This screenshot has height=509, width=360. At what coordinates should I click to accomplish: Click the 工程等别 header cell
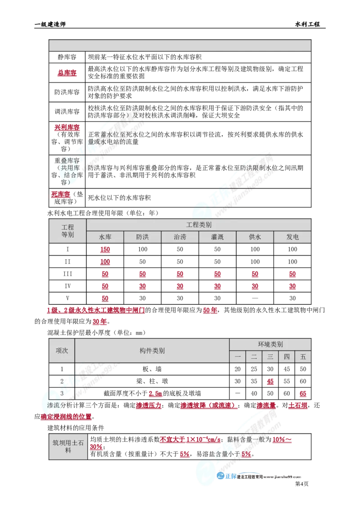coord(67,231)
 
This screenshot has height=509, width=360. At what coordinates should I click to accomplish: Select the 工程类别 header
coord(199,224)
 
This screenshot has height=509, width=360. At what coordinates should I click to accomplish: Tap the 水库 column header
coord(105,237)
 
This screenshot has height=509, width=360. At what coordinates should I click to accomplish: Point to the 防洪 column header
coord(143,237)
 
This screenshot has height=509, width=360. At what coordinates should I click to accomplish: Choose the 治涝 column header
coord(180,237)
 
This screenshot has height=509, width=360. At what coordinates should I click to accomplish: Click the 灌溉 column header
coord(217,237)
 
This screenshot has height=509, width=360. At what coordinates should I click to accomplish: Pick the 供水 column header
coord(255,237)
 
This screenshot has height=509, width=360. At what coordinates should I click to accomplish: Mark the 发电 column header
coord(293,237)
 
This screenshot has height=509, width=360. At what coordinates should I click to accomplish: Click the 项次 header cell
coord(62,350)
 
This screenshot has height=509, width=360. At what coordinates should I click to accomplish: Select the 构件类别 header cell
coord(152,350)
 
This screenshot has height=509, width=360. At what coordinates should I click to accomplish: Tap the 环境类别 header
coord(270,344)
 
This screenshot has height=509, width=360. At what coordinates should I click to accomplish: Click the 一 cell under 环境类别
coord(238,357)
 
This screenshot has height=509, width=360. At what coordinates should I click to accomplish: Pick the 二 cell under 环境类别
coord(254,357)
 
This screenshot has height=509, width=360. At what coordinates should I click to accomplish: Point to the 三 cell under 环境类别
coord(270,357)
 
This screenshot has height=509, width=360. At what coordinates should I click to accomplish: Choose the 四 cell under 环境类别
coord(287,357)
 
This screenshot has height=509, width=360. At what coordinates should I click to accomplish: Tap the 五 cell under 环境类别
coord(303,357)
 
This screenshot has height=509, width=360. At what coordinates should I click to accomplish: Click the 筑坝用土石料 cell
coord(68,446)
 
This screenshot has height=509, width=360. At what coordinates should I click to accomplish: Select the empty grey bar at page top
coord(180,45)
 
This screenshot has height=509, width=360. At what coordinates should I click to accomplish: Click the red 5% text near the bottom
coord(246,455)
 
